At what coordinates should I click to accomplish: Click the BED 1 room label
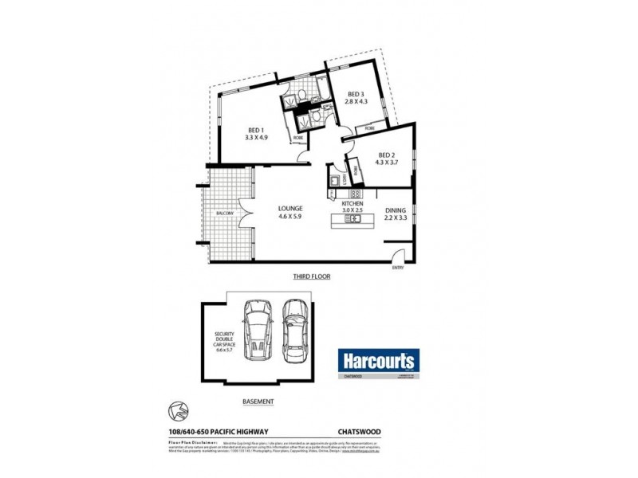point(255,131)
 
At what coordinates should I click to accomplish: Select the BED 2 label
point(387,155)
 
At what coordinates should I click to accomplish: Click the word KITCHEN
point(352,205)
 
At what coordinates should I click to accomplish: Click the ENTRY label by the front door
point(398,268)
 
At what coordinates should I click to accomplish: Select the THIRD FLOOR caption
point(310,276)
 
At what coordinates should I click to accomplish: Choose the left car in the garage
point(258,330)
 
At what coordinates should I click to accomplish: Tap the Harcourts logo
point(378,361)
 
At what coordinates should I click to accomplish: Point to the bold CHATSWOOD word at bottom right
point(360,433)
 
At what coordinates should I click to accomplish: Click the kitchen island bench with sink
point(350,217)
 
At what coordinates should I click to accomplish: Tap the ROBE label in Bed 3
point(369,127)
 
